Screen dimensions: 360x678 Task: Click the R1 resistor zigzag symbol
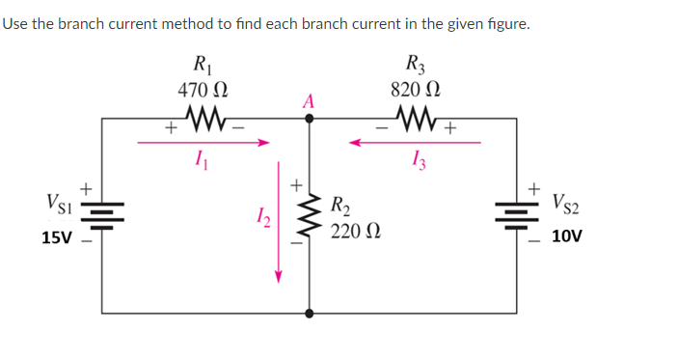click(x=207, y=121)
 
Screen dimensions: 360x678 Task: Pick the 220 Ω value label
click(x=355, y=233)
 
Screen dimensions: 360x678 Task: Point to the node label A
click(x=309, y=100)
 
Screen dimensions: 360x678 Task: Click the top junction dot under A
click(x=309, y=120)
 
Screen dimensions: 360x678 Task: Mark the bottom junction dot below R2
click(x=309, y=313)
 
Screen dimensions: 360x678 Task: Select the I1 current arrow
click(x=203, y=143)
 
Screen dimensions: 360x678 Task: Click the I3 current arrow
click(x=415, y=143)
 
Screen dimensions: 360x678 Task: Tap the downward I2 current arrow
click(x=279, y=222)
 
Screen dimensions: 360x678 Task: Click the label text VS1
click(x=56, y=204)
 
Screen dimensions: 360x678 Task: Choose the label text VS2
click(x=567, y=204)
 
